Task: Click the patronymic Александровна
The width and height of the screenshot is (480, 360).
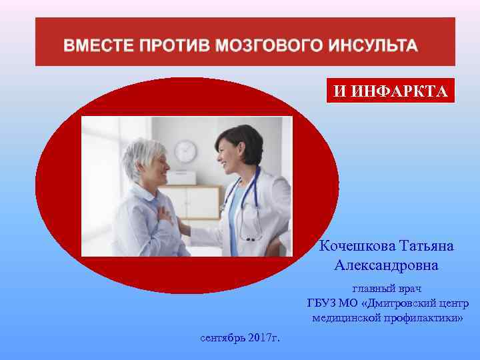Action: click(387, 265)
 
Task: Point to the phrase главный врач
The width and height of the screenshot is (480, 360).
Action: click(387, 289)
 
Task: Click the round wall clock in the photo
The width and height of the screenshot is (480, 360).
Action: click(185, 151)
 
